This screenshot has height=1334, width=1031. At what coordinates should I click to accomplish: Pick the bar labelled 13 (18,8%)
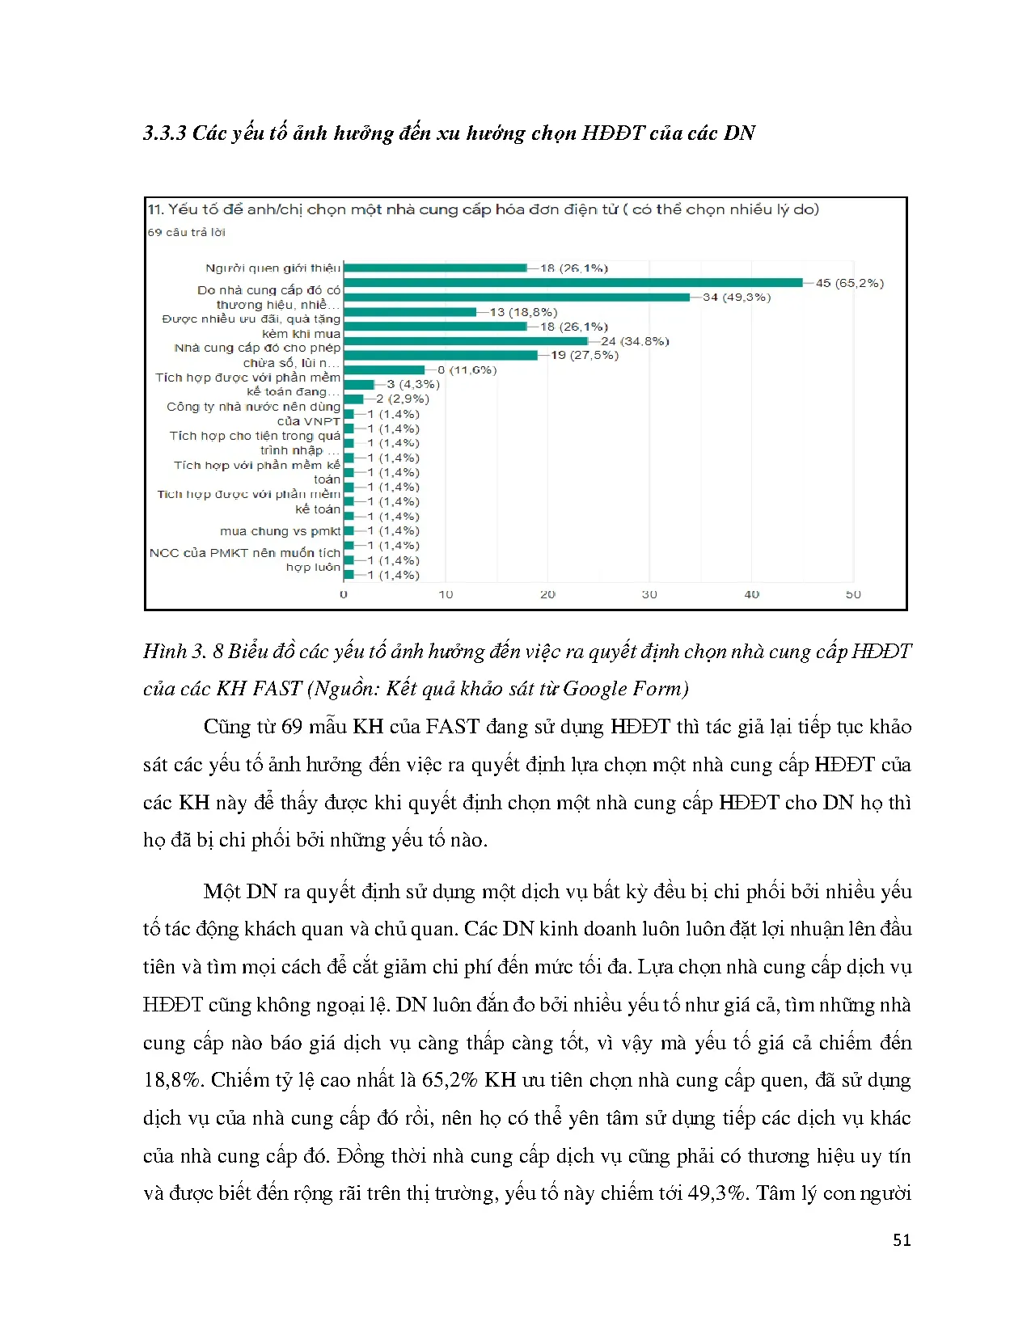pos(410,312)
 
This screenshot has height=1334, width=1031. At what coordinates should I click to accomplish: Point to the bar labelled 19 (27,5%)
pos(441,355)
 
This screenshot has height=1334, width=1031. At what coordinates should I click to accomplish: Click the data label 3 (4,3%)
pos(413,384)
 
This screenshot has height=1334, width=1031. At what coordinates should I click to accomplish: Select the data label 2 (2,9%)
pos(403,399)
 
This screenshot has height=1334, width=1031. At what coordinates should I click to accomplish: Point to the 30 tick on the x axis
pos(649,594)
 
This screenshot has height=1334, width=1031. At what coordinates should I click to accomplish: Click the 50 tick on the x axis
pos(853,594)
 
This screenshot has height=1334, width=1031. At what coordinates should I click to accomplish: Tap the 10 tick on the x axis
pos(446,594)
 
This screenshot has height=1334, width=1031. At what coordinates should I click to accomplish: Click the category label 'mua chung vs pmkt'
pos(280,531)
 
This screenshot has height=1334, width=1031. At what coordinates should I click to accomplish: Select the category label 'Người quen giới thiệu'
pos(273,268)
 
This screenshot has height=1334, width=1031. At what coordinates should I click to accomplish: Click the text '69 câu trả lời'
pos(186,232)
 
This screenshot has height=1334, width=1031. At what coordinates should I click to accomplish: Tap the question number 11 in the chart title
pos(155,209)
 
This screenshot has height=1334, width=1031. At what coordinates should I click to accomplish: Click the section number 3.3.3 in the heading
pos(165,133)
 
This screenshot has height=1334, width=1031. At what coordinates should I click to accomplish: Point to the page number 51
pos(902,1240)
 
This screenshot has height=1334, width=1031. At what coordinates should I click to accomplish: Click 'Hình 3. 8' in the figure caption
pos(183,652)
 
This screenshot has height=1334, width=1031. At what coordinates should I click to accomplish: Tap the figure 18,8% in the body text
pos(172,1080)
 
